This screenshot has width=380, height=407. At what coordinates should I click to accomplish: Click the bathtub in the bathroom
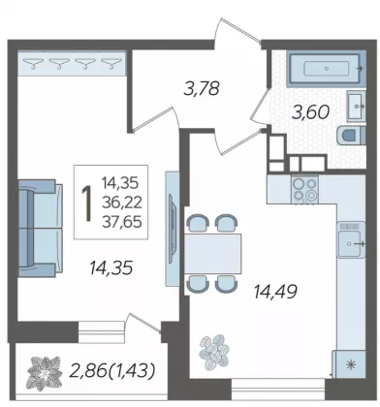click(x=326, y=69)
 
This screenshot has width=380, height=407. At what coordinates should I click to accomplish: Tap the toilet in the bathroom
click(x=351, y=135)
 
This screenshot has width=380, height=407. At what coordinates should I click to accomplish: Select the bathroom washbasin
click(x=356, y=106)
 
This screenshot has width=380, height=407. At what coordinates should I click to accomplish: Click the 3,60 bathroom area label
click(x=310, y=112)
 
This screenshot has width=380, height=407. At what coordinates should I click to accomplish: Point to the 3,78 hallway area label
click(x=202, y=88)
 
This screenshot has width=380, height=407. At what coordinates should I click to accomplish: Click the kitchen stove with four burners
click(x=304, y=189)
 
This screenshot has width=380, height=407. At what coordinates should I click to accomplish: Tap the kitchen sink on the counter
click(x=351, y=239)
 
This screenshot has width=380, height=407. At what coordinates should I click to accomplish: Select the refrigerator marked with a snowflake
click(x=349, y=364)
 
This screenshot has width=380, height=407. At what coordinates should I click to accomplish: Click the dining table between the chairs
click(x=213, y=254)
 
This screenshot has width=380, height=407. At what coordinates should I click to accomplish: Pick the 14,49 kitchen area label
click(x=275, y=292)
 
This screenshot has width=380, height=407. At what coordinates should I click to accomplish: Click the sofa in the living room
click(x=40, y=228)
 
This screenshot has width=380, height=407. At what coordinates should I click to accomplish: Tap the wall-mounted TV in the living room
click(x=173, y=229)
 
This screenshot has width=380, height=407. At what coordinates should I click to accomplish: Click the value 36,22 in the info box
click(x=122, y=203)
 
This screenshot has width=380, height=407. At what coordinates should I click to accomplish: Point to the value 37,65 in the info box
click(x=122, y=222)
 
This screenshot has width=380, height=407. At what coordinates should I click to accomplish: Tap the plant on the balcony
click(x=45, y=373)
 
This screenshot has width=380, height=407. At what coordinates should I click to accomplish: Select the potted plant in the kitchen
click(x=214, y=352)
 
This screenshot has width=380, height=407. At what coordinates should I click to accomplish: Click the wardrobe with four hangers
click(x=72, y=63)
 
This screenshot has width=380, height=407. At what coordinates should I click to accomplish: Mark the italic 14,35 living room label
click(x=111, y=268)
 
